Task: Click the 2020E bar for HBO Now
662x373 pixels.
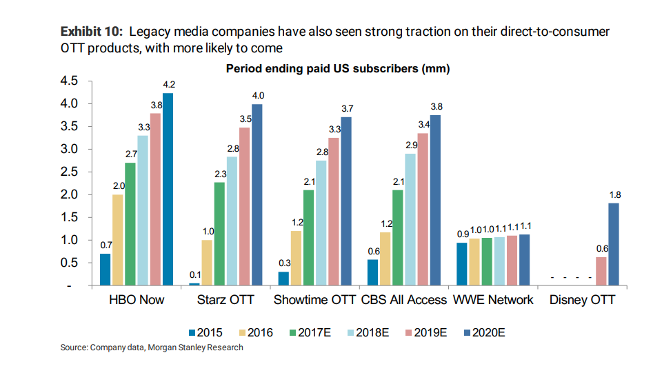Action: pyautogui.click(x=168, y=190)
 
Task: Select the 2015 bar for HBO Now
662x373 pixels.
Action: pyautogui.click(x=105, y=270)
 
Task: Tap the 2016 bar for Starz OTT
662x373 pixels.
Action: pyautogui.click(x=207, y=263)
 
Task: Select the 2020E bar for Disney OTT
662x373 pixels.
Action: pyautogui.click(x=613, y=244)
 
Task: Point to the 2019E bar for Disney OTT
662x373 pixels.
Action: pyautogui.click(x=600, y=272)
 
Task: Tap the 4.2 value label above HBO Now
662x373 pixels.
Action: pyautogui.click(x=168, y=85)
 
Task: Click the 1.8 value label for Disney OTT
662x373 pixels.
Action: pyautogui.click(x=614, y=195)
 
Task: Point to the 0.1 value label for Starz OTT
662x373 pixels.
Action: pyautogui.click(x=194, y=275)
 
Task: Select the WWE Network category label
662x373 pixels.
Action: pyautogui.click(x=492, y=300)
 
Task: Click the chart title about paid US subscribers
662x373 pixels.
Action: pyautogui.click(x=338, y=70)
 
